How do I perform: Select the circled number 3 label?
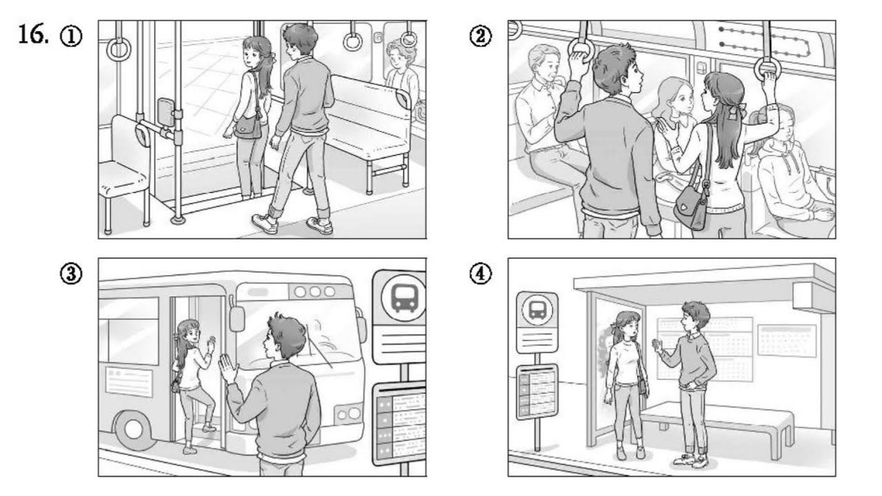coord(71,273)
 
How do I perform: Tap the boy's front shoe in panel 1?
coord(265,223)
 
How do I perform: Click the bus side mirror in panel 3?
coord(237,319)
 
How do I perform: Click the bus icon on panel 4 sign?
coord(537,311)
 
